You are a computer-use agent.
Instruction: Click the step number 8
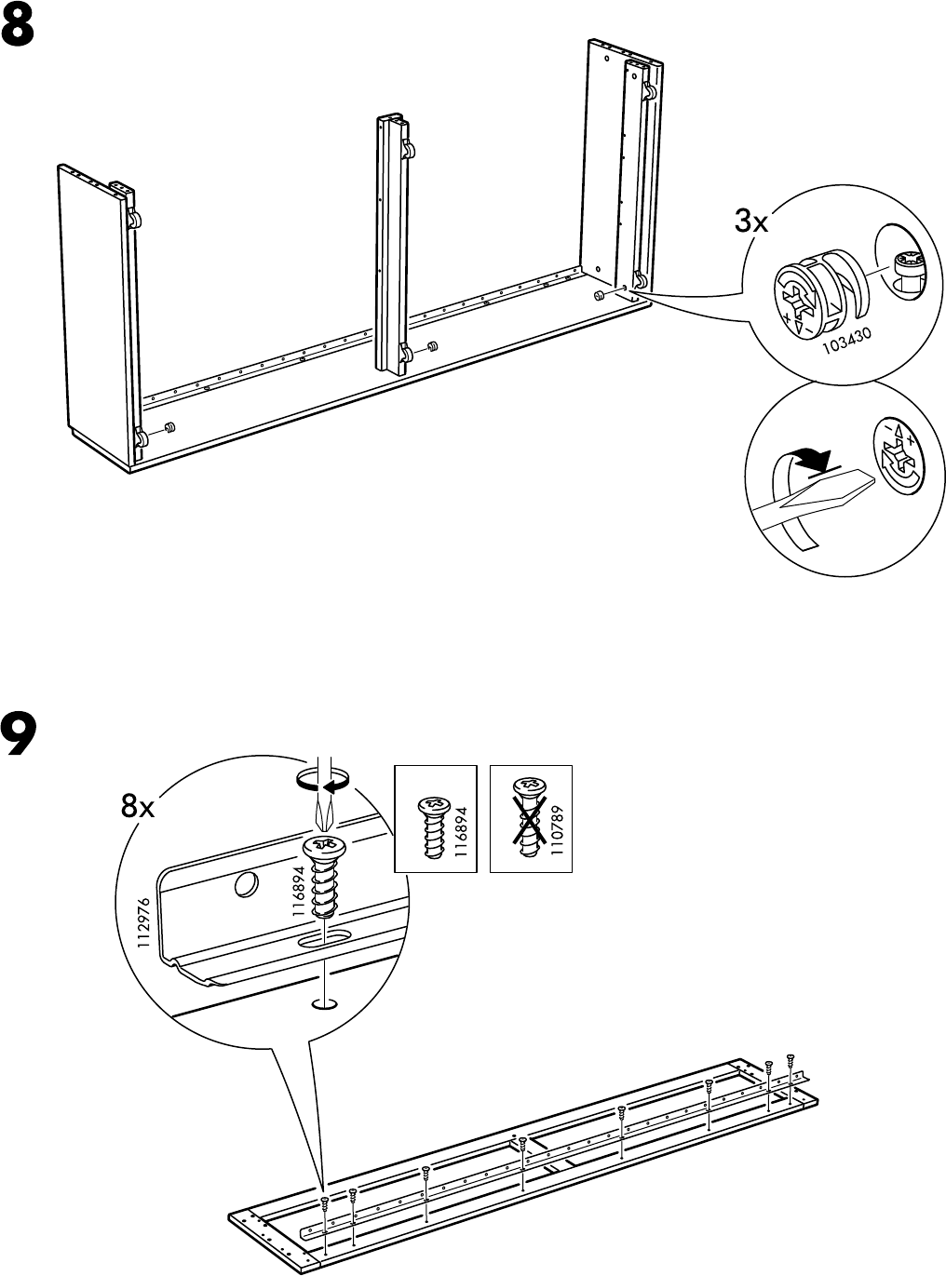coord(20,30)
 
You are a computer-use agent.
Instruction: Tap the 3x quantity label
coord(750,223)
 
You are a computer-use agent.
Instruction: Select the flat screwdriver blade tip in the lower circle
coord(819,489)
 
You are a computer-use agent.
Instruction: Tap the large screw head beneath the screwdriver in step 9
coord(321,848)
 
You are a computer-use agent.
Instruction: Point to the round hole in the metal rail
coord(247,885)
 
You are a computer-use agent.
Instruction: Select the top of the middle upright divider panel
coord(392,120)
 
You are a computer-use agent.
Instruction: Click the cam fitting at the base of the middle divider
coord(407,352)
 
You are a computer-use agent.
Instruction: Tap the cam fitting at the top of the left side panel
coord(133,220)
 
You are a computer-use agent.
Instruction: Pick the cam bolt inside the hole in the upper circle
coord(904,268)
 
